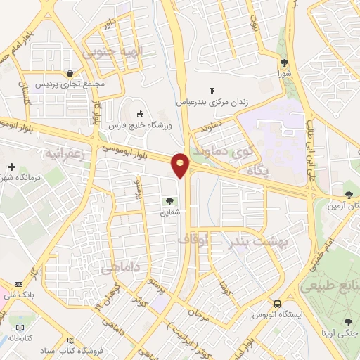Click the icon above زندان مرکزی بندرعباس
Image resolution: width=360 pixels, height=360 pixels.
coord(212,91)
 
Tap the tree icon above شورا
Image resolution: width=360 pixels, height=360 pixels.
coord(285,61)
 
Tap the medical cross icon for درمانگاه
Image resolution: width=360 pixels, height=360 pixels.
coord(11,167)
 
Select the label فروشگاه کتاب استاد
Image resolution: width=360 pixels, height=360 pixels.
coord(103,348)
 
